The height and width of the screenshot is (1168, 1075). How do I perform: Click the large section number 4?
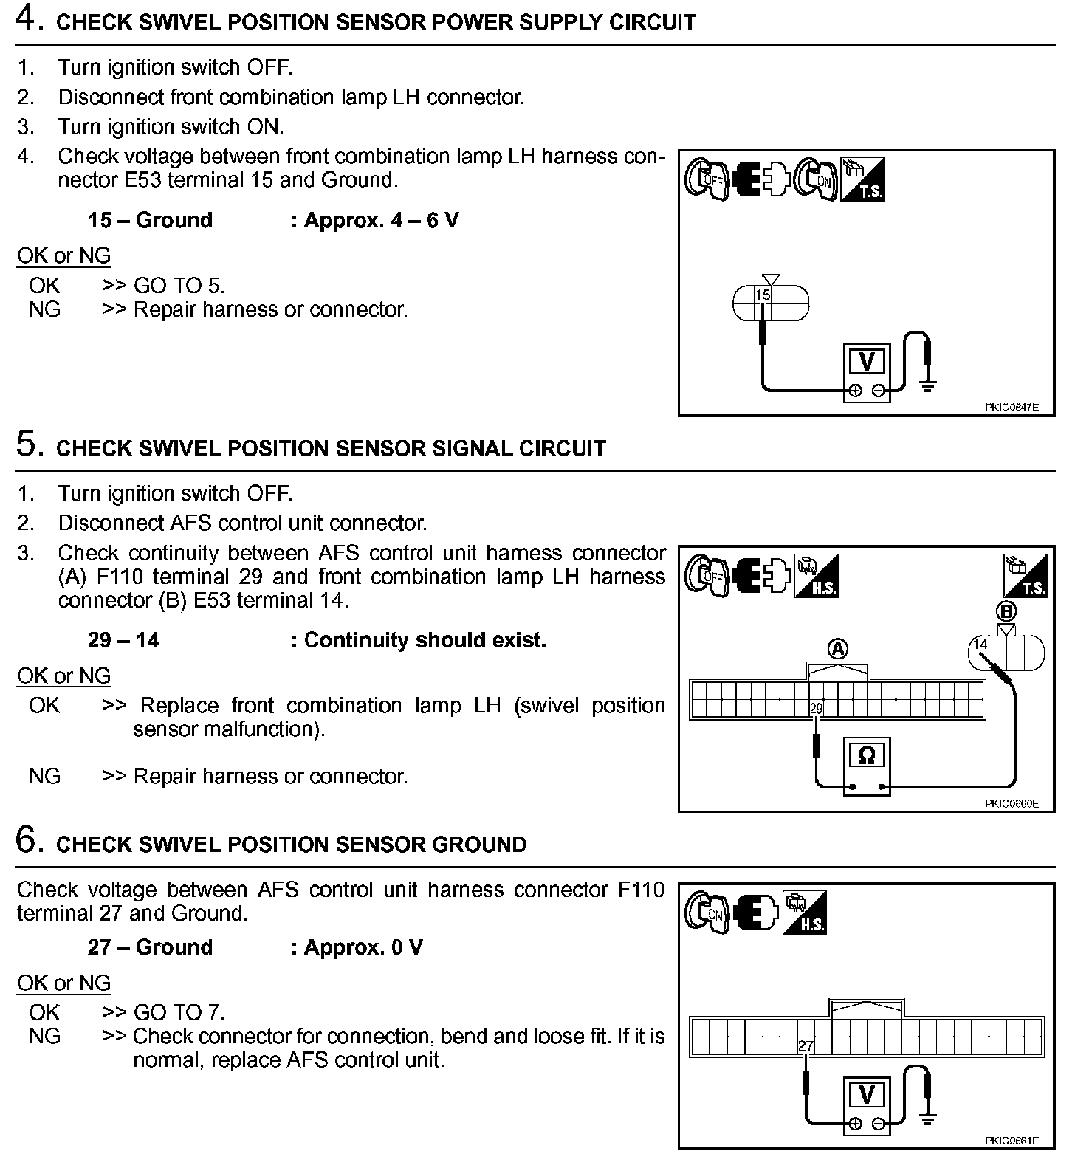[27, 19]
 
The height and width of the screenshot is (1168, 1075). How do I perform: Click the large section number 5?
[27, 445]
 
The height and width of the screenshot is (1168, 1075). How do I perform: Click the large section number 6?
[27, 842]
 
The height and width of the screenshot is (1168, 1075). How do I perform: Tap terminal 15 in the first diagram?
[762, 295]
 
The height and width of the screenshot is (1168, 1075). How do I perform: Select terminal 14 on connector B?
[980, 645]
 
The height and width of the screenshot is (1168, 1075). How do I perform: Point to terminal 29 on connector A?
[816, 709]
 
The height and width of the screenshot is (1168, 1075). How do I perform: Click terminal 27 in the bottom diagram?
[806, 1045]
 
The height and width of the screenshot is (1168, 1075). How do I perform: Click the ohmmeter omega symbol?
[867, 755]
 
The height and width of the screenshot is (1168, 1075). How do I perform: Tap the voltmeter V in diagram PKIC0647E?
[868, 361]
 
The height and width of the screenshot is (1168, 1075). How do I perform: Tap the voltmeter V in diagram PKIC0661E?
[868, 1094]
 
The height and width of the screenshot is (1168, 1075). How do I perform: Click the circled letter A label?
[838, 649]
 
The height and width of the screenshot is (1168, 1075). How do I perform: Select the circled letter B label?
[1006, 611]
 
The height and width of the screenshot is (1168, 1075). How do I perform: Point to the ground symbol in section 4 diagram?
[928, 384]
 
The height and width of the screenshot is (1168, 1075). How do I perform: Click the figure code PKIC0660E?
[1011, 803]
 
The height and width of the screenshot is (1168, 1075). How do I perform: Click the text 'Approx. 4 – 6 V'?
[374, 220]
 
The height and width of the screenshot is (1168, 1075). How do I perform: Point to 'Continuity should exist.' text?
[419, 640]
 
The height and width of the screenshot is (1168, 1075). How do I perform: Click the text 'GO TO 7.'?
[179, 1012]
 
